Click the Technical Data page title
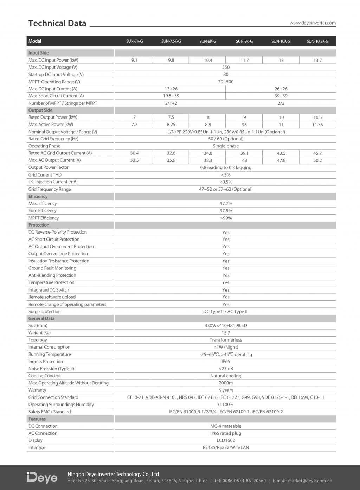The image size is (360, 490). coord(57,23)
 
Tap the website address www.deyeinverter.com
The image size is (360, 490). coord(313,23)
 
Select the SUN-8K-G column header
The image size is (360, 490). coord(208,42)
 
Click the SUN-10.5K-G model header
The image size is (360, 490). coord(317,42)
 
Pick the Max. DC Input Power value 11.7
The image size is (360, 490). coord(244,61)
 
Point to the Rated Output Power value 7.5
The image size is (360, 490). coord(171,117)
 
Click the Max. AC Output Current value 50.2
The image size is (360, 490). coord(317,160)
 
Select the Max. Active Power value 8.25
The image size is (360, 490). coord(171,125)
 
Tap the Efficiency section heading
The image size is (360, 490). coord(38,196)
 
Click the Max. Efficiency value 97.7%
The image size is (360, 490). coord(226,204)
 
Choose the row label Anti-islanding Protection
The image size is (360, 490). coord(52,275)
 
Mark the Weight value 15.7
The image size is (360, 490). coord(226,333)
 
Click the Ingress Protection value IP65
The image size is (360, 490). coord(226,362)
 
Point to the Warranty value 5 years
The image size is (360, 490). coord(226,390)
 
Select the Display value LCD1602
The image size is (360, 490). coord(226,440)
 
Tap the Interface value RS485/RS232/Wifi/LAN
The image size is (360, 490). coord(226,448)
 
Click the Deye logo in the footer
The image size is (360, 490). coord(42,477)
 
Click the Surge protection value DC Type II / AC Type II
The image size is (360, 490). coord(226,312)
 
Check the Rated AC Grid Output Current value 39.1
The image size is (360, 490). coord(244,153)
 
